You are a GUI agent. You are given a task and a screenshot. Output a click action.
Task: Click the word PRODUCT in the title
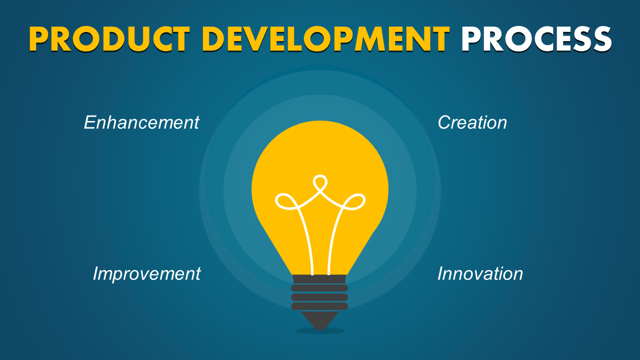[109, 39]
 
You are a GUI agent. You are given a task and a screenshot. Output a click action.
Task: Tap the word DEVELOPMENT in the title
[326, 39]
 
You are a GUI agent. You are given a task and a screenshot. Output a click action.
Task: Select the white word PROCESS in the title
[536, 39]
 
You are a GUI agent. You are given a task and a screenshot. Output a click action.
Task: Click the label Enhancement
[141, 122]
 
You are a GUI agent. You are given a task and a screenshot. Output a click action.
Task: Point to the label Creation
[472, 122]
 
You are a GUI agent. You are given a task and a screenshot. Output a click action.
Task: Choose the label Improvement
[146, 273]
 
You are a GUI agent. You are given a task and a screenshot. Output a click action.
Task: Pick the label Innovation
[480, 273]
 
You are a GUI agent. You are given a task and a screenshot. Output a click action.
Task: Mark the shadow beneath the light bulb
[320, 331]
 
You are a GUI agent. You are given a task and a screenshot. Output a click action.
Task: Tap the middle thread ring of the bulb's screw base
[319, 297]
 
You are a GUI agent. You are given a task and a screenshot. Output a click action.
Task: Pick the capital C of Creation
[445, 122]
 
